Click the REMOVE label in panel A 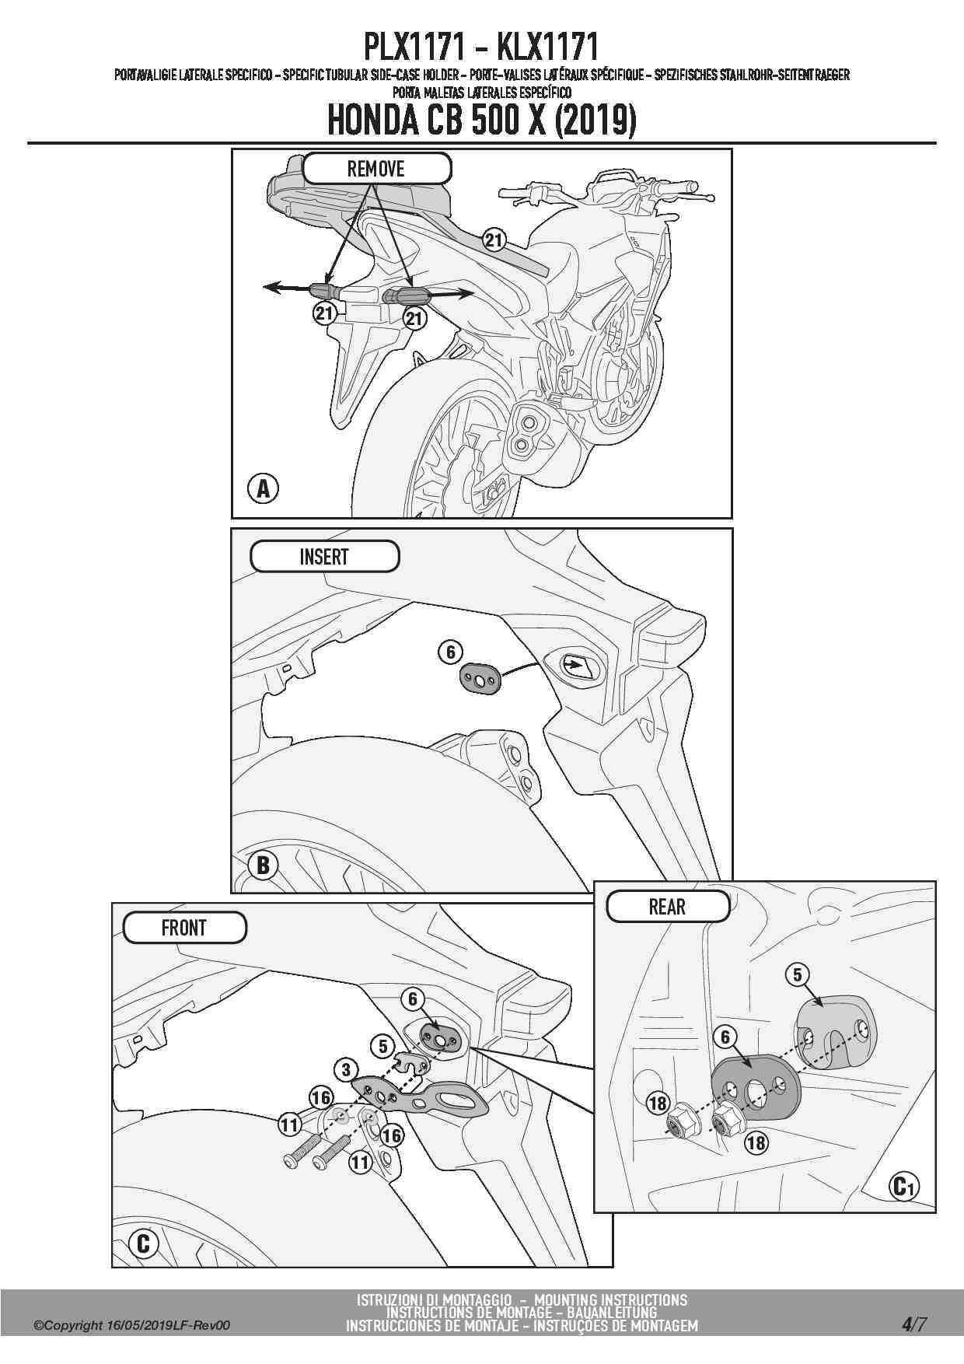[x=376, y=168]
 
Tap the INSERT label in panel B [x=324, y=557]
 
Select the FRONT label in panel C [x=184, y=928]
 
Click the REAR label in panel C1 [x=667, y=907]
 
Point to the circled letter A [x=263, y=489]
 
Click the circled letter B [x=263, y=866]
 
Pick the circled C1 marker [x=903, y=1187]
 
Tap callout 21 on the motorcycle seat [x=494, y=240]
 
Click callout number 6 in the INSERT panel [x=451, y=652]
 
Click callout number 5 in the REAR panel [x=798, y=974]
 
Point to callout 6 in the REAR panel [x=725, y=1037]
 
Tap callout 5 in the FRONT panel [x=382, y=1046]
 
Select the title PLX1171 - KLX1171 [x=481, y=47]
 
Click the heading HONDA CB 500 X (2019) [x=482, y=120]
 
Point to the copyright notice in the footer [x=132, y=1326]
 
